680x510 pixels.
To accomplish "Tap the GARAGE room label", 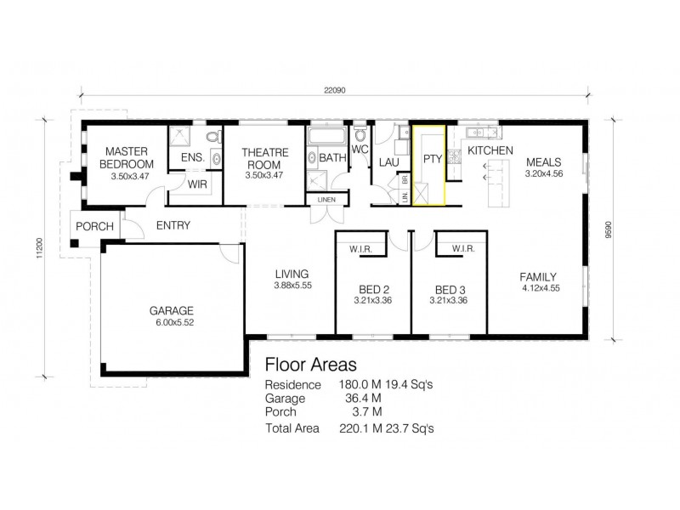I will click(173, 310).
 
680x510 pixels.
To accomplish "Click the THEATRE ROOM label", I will click(264, 158).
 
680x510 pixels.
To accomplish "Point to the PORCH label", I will click(94, 226).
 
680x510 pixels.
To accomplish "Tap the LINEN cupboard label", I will click(326, 200).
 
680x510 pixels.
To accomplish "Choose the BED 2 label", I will click(371, 288).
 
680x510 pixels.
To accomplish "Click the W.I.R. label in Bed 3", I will click(463, 249).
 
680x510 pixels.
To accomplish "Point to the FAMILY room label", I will click(538, 276).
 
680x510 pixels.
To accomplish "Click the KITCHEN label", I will click(490, 150).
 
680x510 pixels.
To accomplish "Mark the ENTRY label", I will click(173, 225).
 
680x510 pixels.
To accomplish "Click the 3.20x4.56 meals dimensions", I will click(544, 173).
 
